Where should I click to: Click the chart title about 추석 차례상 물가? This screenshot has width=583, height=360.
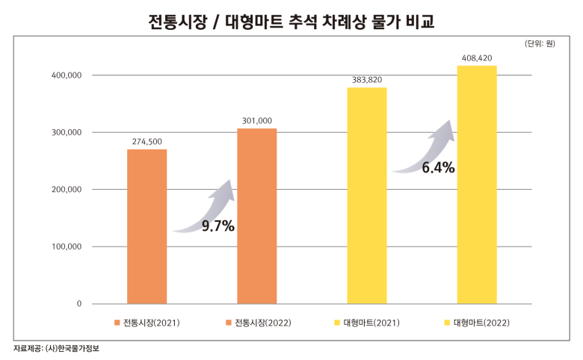pyautogui.click(x=291, y=22)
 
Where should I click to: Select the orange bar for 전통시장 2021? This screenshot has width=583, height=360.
pyautogui.click(x=146, y=226)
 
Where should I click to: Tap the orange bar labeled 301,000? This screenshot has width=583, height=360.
pyautogui.click(x=257, y=216)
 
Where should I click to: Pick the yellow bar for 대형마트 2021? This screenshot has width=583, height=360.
pyautogui.click(x=367, y=196)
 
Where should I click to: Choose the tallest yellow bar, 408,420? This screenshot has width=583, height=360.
pyautogui.click(x=477, y=184)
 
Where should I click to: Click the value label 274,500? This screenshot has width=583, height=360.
pyautogui.click(x=146, y=142)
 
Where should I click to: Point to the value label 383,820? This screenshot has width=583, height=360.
pyautogui.click(x=367, y=80)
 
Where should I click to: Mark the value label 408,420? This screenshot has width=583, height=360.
pyautogui.click(x=477, y=58)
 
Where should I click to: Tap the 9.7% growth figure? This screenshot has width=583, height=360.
pyautogui.click(x=218, y=226)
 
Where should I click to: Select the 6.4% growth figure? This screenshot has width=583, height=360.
pyautogui.click(x=438, y=167)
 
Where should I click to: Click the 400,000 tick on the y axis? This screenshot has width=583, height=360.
pyautogui.click(x=67, y=75)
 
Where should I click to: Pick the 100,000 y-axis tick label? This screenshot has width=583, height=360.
pyautogui.click(x=67, y=246)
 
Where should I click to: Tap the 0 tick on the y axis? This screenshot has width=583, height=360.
pyautogui.click(x=78, y=304)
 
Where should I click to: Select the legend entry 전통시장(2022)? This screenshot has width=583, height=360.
pyautogui.click(x=259, y=323)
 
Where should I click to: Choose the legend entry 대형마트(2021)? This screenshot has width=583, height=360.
pyautogui.click(x=367, y=323)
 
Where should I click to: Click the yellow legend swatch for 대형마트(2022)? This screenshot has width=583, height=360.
pyautogui.click(x=447, y=323)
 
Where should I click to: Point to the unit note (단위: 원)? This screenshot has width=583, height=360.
pyautogui.click(x=540, y=43)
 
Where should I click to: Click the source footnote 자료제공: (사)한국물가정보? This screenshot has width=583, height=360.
pyautogui.click(x=57, y=349)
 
